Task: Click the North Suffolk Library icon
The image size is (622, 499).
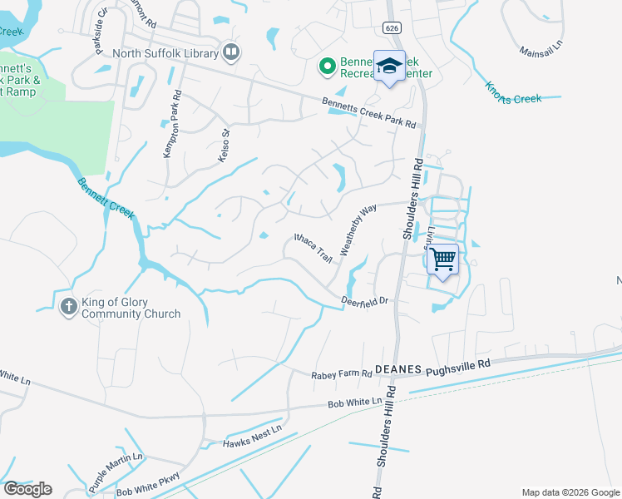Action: (231, 53)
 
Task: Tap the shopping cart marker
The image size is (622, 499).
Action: (442, 259)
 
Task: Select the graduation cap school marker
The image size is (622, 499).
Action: (388, 67)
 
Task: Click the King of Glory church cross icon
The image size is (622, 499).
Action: (68, 308)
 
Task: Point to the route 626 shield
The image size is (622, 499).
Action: (389, 27)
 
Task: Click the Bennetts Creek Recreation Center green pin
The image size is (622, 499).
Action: (328, 65)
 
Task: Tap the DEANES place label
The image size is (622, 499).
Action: (398, 368)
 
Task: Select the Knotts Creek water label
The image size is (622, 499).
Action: (513, 92)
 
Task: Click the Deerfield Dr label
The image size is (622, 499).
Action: (365, 301)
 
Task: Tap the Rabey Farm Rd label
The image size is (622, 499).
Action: (341, 375)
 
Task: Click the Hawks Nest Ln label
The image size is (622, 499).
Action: (252, 436)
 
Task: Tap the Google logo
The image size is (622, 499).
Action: (27, 489)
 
